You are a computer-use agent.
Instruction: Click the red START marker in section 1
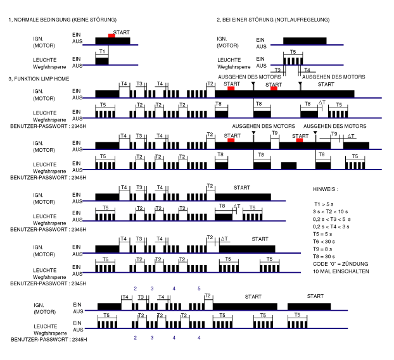click(x=111, y=36)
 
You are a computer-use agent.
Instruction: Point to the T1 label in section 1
click(x=102, y=51)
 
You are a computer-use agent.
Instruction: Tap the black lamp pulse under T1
click(x=102, y=61)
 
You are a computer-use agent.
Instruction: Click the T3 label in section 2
click(x=277, y=70)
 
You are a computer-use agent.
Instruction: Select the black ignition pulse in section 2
click(x=305, y=41)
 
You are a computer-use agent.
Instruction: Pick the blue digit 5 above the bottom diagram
click(x=199, y=288)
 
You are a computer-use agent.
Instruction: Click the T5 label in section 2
click(x=292, y=51)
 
